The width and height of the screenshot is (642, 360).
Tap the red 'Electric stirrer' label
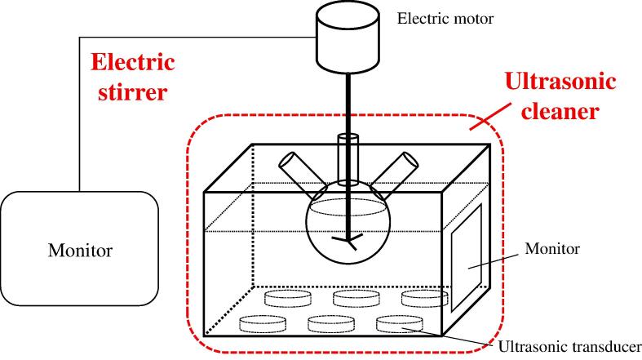(133, 76)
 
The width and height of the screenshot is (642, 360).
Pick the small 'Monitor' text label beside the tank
(552, 248)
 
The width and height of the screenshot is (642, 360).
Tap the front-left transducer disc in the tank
(263, 324)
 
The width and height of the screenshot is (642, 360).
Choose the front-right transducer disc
(399, 323)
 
